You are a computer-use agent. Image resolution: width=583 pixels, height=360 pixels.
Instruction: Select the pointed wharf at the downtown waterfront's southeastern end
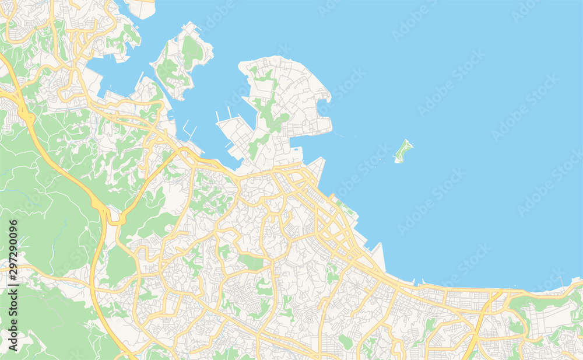378,257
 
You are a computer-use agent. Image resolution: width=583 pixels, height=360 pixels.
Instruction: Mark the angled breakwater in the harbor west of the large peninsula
189,128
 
